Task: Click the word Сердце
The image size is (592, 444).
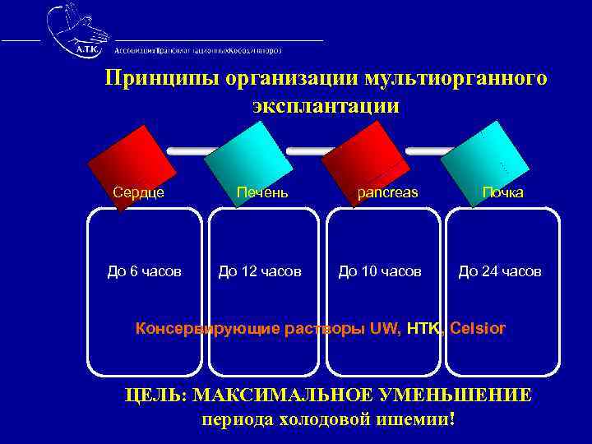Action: [x=138, y=192]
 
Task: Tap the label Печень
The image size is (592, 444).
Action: [x=261, y=192]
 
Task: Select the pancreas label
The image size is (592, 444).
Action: [x=387, y=192]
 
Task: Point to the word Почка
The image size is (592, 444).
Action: [x=502, y=192]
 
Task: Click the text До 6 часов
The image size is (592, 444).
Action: [x=145, y=271]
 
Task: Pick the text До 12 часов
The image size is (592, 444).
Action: [x=259, y=271]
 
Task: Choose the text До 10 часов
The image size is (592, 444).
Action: [x=380, y=271]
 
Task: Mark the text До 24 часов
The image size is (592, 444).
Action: [x=500, y=271]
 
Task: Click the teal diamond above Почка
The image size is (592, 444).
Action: [x=484, y=158]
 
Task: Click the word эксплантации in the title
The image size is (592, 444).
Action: [x=326, y=106]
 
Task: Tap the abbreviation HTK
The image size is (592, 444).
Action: [x=424, y=329]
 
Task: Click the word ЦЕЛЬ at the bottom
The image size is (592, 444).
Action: [x=155, y=395]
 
